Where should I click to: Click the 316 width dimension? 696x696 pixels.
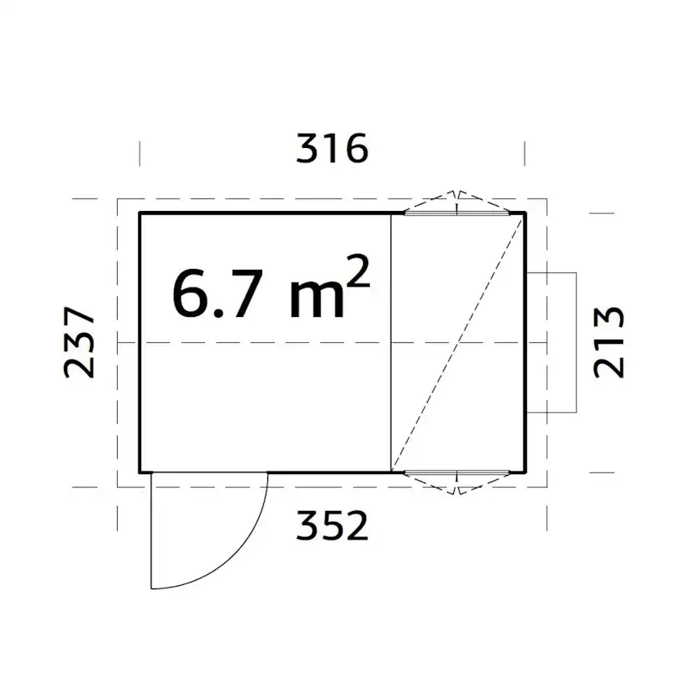(332, 148)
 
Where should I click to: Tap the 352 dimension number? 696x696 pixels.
(332, 525)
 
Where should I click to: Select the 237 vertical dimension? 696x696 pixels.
(80, 342)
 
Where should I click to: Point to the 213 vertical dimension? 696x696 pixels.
(609, 342)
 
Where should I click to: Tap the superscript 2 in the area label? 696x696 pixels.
(357, 272)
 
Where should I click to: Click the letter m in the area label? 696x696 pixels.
(317, 299)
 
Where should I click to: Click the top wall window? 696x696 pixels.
(457, 213)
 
